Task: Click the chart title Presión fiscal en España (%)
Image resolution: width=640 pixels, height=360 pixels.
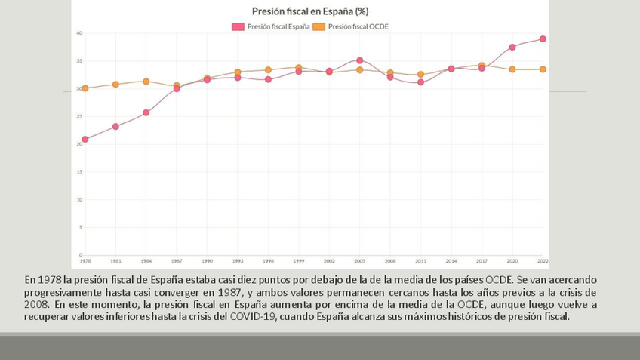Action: pyautogui.click(x=309, y=11)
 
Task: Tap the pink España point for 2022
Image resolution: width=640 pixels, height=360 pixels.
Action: pyautogui.click(x=543, y=39)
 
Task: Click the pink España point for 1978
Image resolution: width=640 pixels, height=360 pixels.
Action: pyautogui.click(x=85, y=140)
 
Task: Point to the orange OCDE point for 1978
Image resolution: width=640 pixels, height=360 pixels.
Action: pyautogui.click(x=85, y=88)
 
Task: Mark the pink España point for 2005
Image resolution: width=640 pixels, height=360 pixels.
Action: pyautogui.click(x=359, y=60)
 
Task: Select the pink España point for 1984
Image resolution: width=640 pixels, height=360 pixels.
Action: pyautogui.click(x=146, y=113)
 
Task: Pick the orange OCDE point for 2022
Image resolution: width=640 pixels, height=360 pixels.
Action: pyautogui.click(x=543, y=69)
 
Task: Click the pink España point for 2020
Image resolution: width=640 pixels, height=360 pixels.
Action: pyautogui.click(x=512, y=47)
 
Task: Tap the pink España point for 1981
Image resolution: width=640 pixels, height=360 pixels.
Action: pyautogui.click(x=115, y=127)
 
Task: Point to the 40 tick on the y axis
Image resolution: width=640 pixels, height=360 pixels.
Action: pyautogui.click(x=79, y=33)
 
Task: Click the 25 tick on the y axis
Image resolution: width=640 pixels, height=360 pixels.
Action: pyautogui.click(x=79, y=116)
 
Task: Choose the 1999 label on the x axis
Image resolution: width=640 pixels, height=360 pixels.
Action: pyautogui.click(x=298, y=261)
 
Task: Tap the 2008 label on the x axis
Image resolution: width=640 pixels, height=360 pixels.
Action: pyautogui.click(x=390, y=261)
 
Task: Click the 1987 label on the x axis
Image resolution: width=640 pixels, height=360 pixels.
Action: pyautogui.click(x=177, y=261)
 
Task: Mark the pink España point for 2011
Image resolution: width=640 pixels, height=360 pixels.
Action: pyautogui.click(x=420, y=82)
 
